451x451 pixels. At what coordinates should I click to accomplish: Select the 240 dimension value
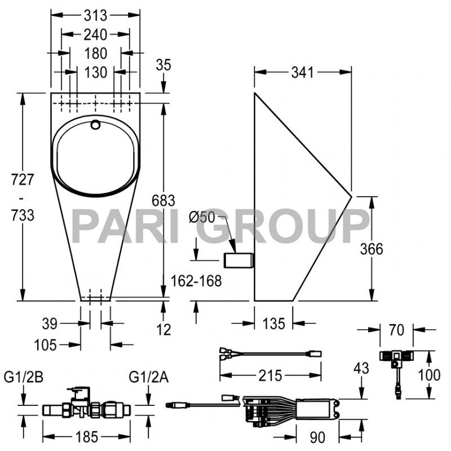point(95,34)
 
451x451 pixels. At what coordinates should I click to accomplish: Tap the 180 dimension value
point(95,54)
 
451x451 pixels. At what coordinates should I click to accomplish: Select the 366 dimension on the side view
point(387,249)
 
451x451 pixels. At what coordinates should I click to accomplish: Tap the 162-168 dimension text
point(197,280)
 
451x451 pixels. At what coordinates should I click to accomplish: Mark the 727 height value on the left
point(23,180)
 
